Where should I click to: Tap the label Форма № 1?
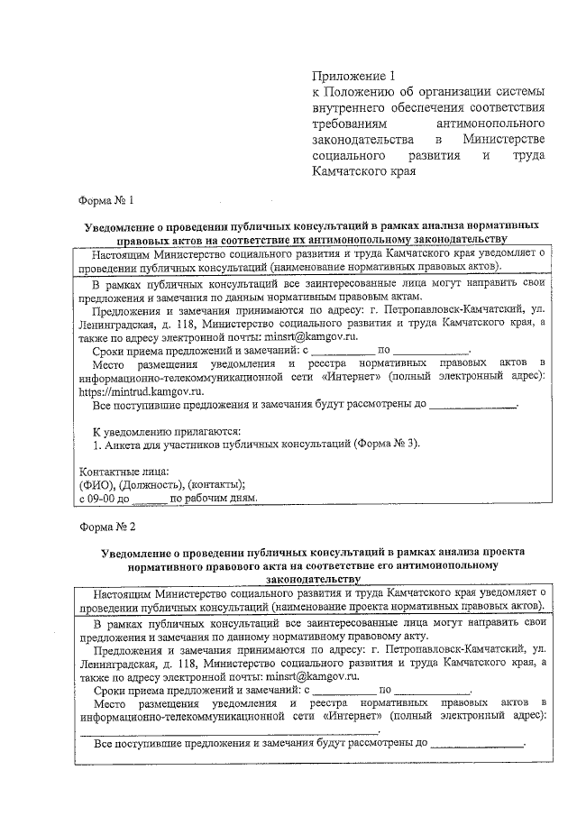108,199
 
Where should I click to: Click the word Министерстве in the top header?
503,140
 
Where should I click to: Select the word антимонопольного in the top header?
489,124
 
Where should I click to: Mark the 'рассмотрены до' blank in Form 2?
477,747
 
